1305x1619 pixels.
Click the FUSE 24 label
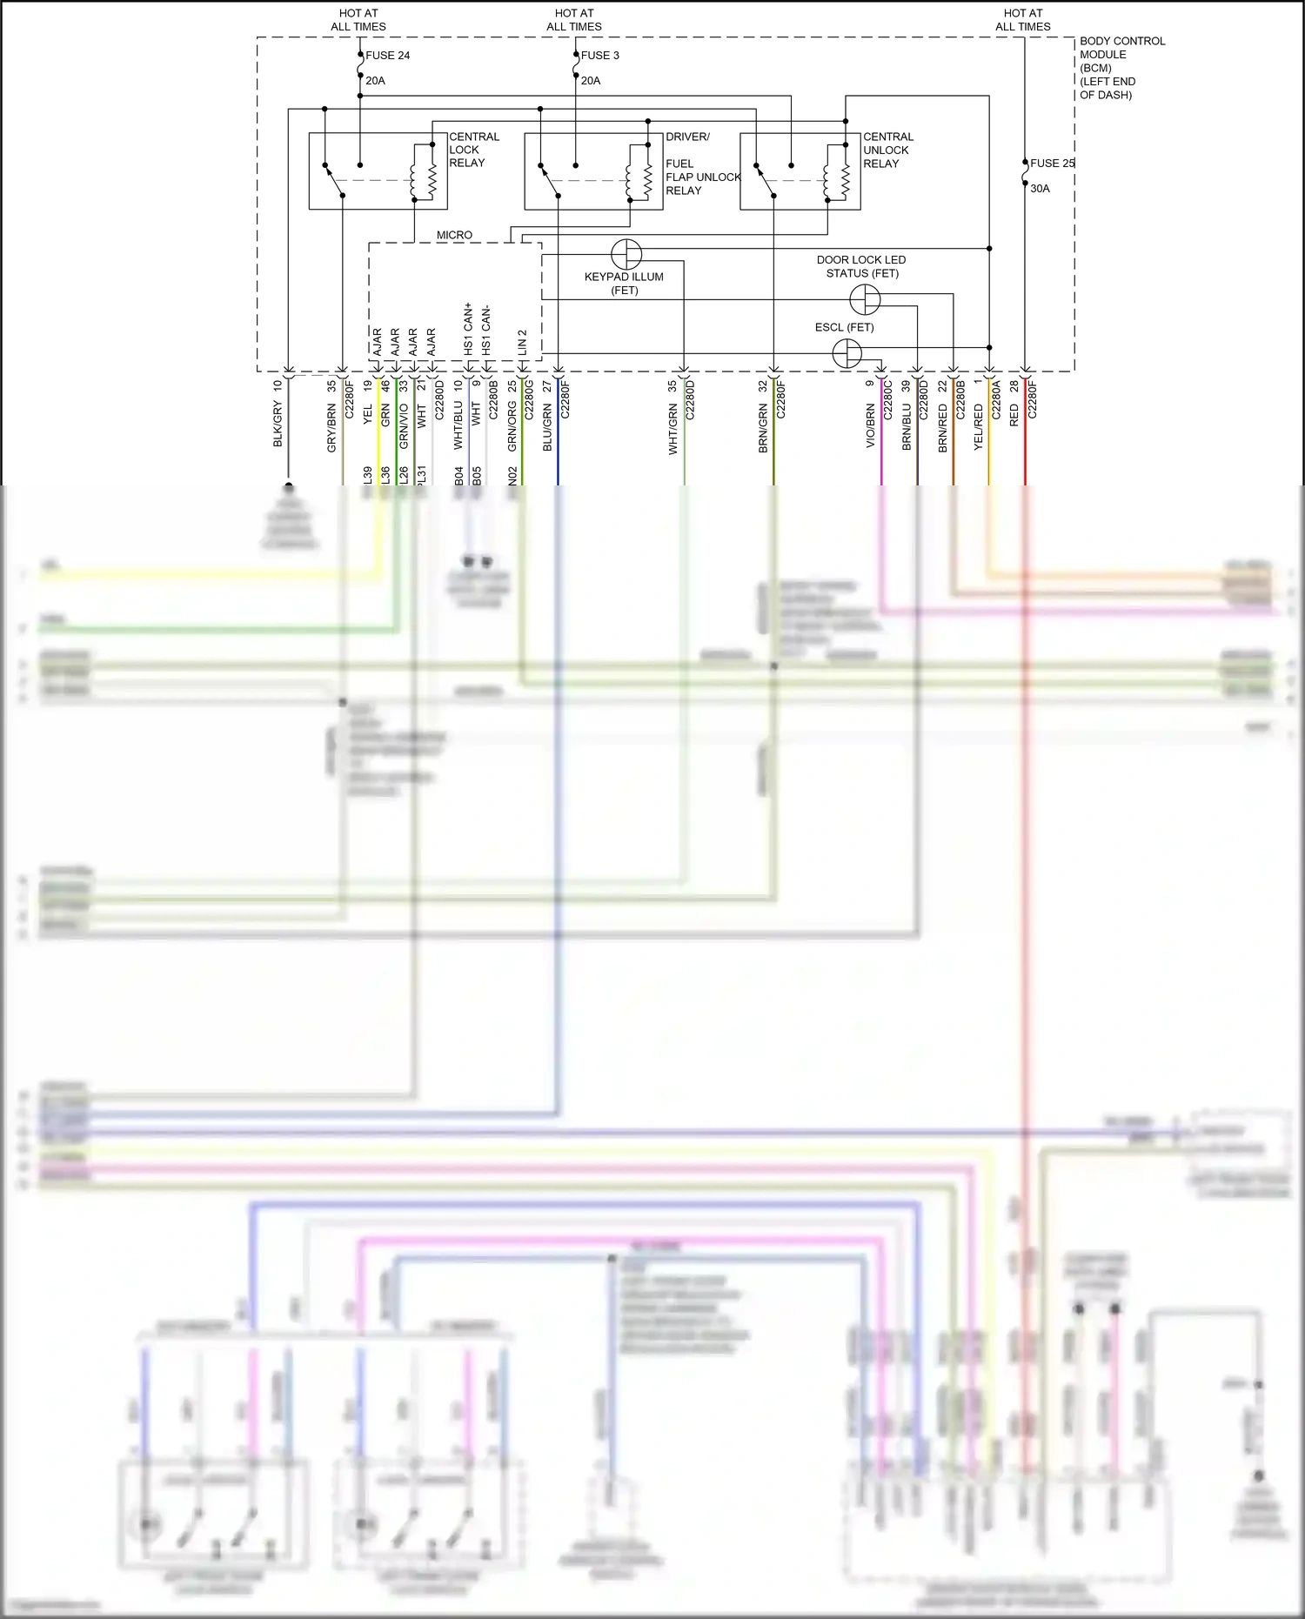click(x=387, y=55)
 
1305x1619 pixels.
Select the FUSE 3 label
click(x=600, y=55)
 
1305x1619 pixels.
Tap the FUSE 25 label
click(x=1052, y=163)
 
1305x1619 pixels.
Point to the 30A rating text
click(x=1040, y=188)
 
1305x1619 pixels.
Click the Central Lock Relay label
click(x=473, y=150)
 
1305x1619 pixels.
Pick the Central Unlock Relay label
click(x=887, y=150)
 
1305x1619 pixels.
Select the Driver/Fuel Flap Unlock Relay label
click(x=701, y=164)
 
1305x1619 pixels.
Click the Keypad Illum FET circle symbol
click(x=626, y=254)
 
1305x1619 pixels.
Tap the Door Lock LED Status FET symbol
click(x=865, y=300)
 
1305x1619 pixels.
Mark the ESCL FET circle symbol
click(x=847, y=353)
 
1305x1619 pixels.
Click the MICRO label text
click(x=454, y=235)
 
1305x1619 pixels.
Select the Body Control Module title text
click(x=1121, y=67)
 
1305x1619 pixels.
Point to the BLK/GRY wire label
click(x=278, y=425)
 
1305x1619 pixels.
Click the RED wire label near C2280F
click(x=1014, y=415)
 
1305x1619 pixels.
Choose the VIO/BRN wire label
click(x=871, y=425)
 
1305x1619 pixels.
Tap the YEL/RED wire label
click(x=979, y=426)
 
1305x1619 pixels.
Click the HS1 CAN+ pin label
click(x=468, y=328)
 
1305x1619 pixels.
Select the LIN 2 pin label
click(x=523, y=341)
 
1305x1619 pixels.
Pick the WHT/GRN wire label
click(x=673, y=429)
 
